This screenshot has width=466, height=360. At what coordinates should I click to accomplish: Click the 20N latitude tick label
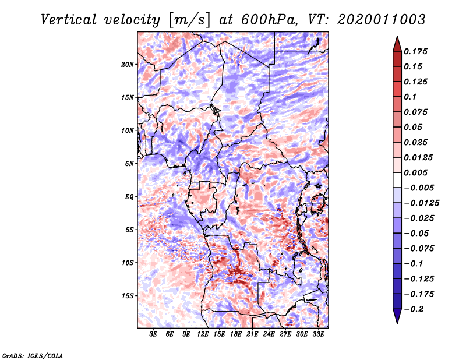coord(128,64)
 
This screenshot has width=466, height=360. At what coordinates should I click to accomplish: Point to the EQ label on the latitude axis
coord(129,196)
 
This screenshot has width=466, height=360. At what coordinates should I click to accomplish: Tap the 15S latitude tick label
coord(128,296)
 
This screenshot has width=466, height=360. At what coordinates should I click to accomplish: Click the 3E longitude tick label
coord(154,334)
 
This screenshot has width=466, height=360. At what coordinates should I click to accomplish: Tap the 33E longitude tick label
coord(319,334)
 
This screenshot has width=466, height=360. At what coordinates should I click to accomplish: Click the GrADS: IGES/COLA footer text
coord(33,355)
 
